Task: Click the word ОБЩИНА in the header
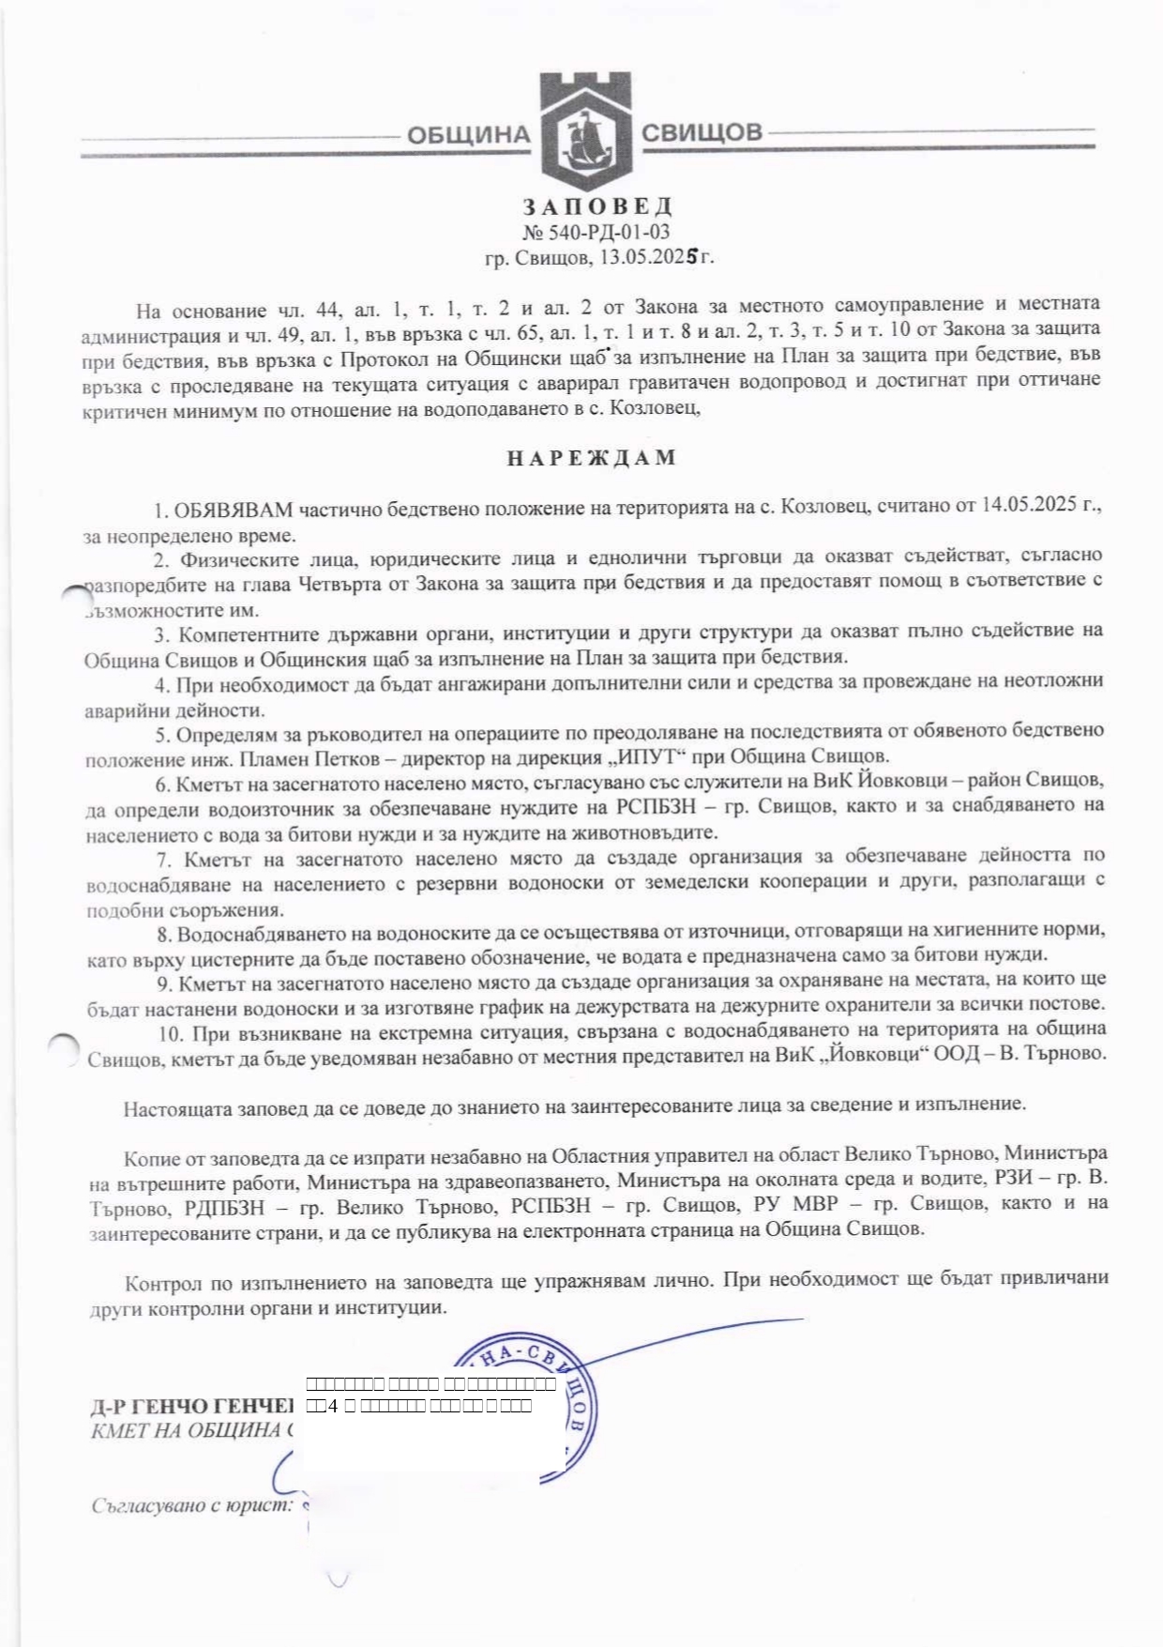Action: (468, 135)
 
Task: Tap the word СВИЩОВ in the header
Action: (702, 132)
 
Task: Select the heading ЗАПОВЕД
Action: (597, 206)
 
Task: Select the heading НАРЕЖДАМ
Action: (591, 458)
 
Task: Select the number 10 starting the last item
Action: (170, 1034)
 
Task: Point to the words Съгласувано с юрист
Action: (192, 1506)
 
